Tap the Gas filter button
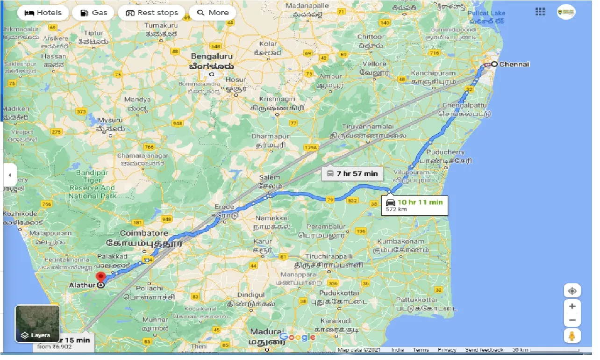[x=94, y=13]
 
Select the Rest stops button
[x=152, y=13]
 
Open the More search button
[x=213, y=13]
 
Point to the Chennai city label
[x=514, y=65]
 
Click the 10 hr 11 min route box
[x=414, y=205]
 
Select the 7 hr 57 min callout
[x=353, y=173]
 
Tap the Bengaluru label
[x=211, y=56]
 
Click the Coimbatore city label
[x=143, y=232]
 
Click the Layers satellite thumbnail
[x=37, y=324]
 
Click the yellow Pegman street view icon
[x=572, y=336]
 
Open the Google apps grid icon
[x=540, y=12]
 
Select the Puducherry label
[x=448, y=152]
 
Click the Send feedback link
[x=485, y=350]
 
